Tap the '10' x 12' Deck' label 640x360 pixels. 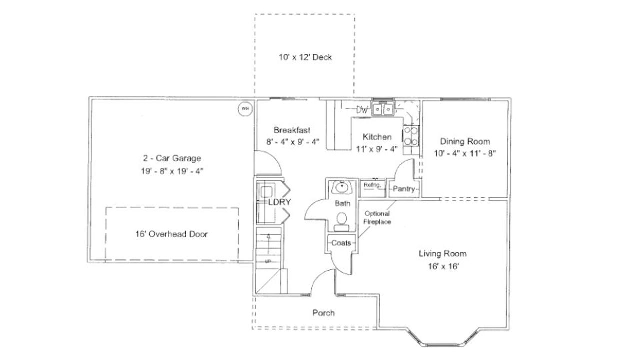305,57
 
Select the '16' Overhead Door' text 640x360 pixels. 171,234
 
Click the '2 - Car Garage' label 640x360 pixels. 172,159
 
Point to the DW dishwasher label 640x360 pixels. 362,109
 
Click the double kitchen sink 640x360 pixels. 383,108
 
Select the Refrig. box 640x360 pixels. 372,185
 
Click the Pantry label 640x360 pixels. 404,189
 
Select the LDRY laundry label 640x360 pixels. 279,202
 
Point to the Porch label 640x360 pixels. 323,313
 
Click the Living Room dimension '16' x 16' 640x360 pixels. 442,267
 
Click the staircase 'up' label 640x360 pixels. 268,261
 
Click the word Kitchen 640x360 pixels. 377,137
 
